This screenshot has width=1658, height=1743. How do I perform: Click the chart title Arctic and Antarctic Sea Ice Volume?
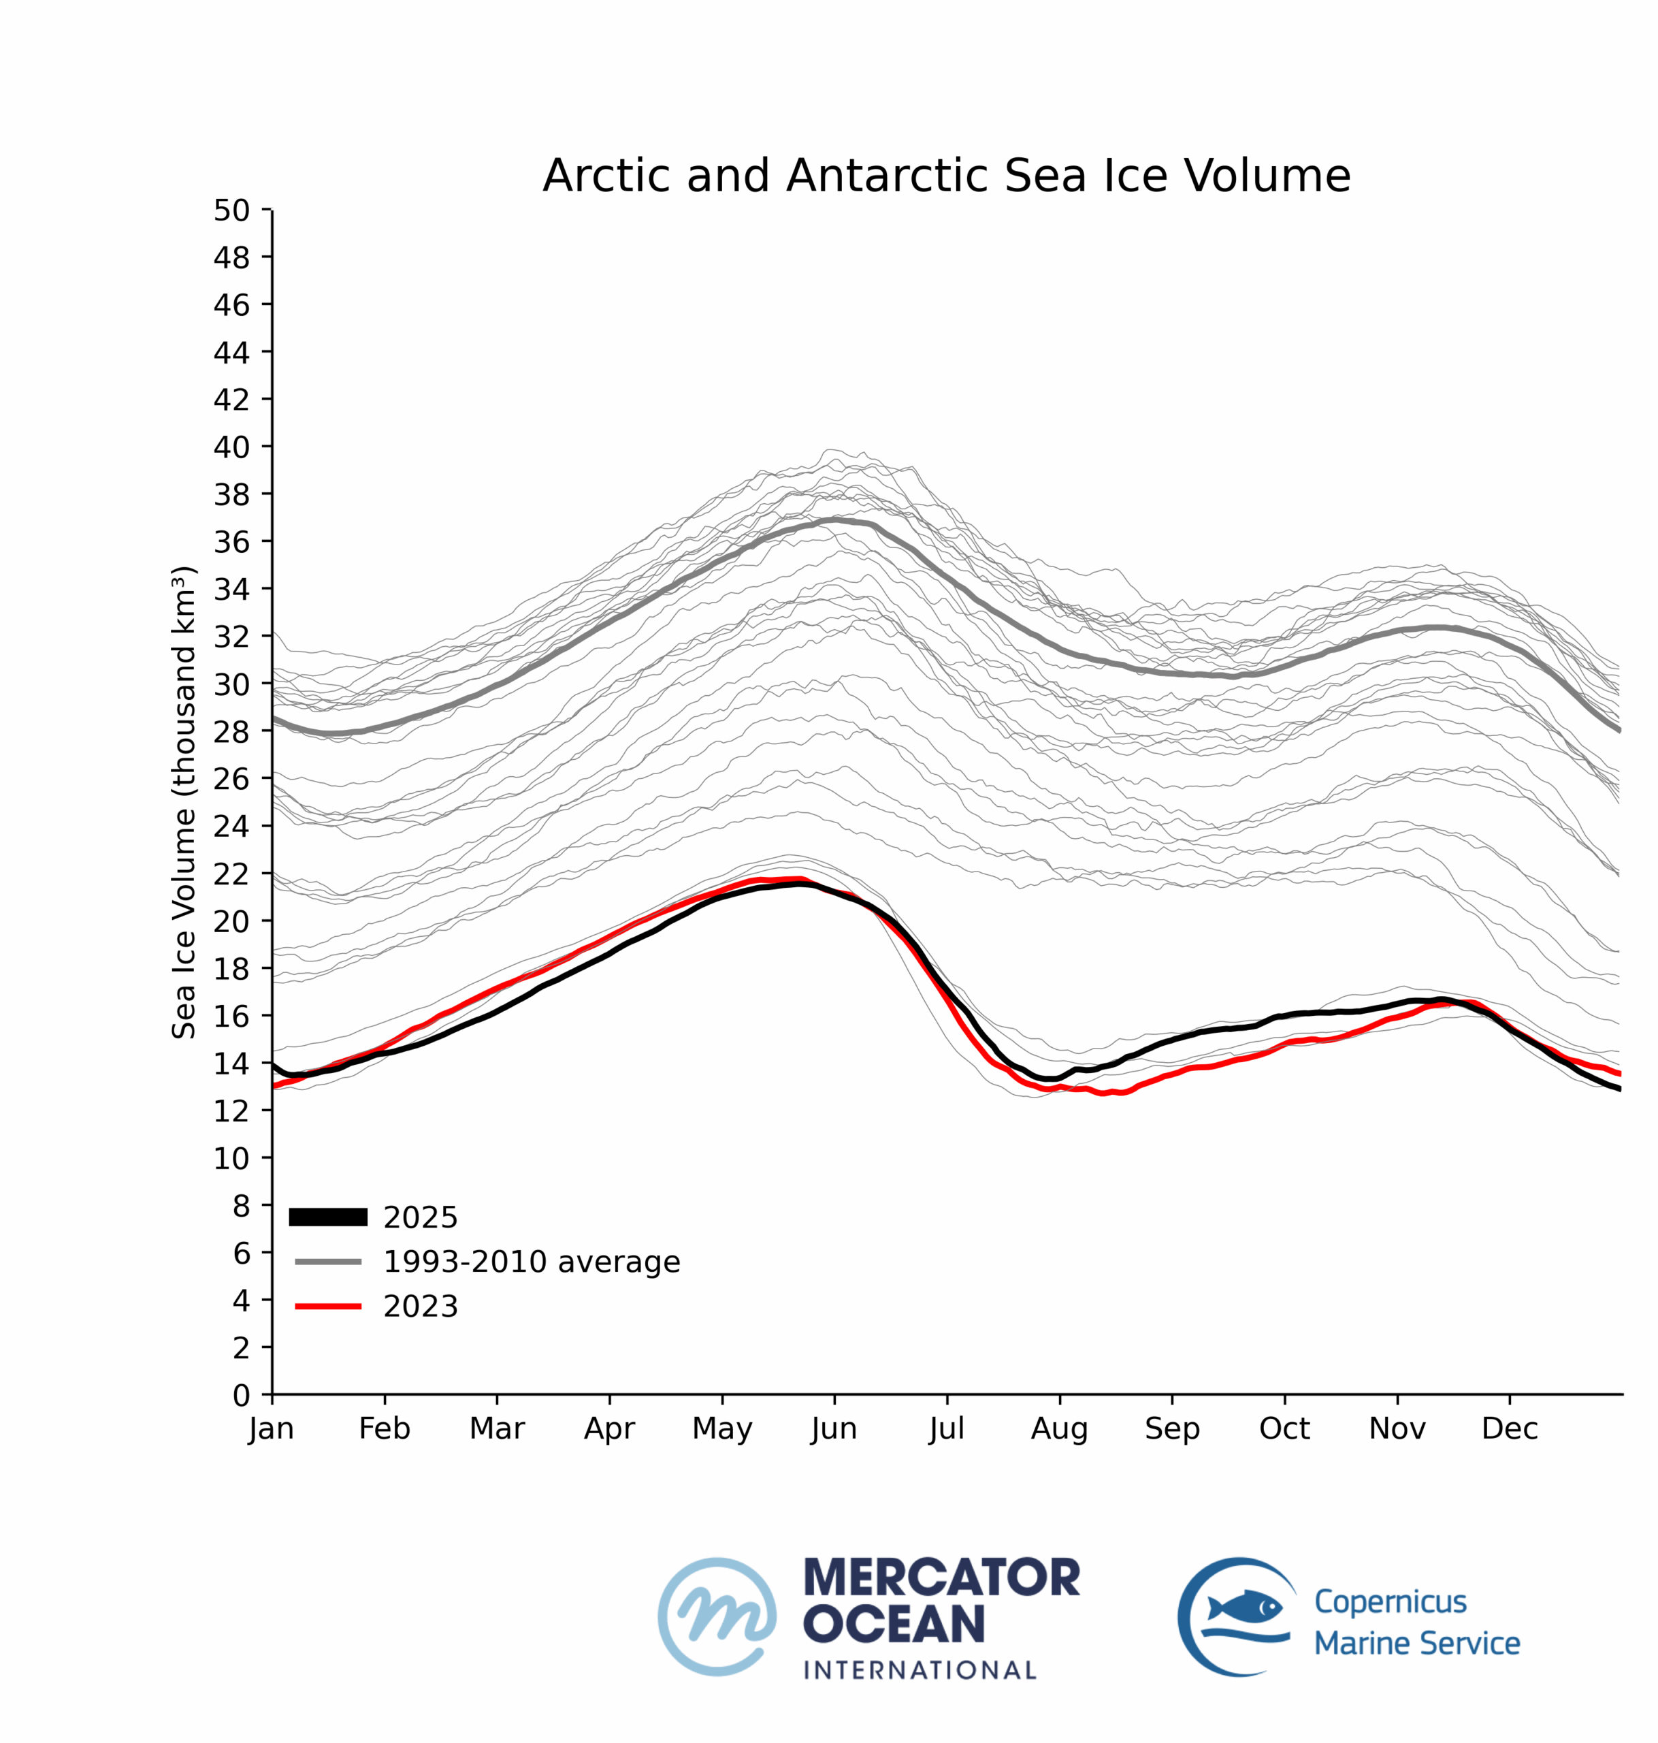tap(945, 176)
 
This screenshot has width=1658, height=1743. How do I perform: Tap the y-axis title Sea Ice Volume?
tap(183, 803)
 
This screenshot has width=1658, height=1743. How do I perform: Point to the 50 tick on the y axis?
tap(231, 210)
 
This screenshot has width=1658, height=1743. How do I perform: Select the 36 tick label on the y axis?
tap(231, 542)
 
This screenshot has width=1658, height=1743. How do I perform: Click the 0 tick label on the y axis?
tap(241, 1396)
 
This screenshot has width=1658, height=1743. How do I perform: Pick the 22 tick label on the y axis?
tap(231, 874)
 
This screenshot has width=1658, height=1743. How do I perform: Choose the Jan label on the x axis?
tap(272, 1428)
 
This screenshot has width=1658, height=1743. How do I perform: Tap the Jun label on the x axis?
tap(834, 1428)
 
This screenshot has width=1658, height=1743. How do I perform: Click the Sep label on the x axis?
tap(1172, 1428)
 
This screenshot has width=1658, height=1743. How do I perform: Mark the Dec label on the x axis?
tap(1510, 1428)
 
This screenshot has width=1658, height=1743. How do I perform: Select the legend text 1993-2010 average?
tap(531, 1261)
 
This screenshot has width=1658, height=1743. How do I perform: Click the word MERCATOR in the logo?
tap(941, 1578)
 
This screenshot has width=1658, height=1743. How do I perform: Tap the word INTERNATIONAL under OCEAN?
tap(919, 1669)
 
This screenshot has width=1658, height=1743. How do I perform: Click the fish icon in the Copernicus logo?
tap(1244, 1605)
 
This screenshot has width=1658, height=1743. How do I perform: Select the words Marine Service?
tap(1417, 1643)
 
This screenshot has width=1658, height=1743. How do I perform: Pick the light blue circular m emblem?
tap(717, 1616)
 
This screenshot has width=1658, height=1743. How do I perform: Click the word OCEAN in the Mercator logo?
tap(894, 1624)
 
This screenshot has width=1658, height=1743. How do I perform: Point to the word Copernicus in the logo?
tap(1391, 1601)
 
